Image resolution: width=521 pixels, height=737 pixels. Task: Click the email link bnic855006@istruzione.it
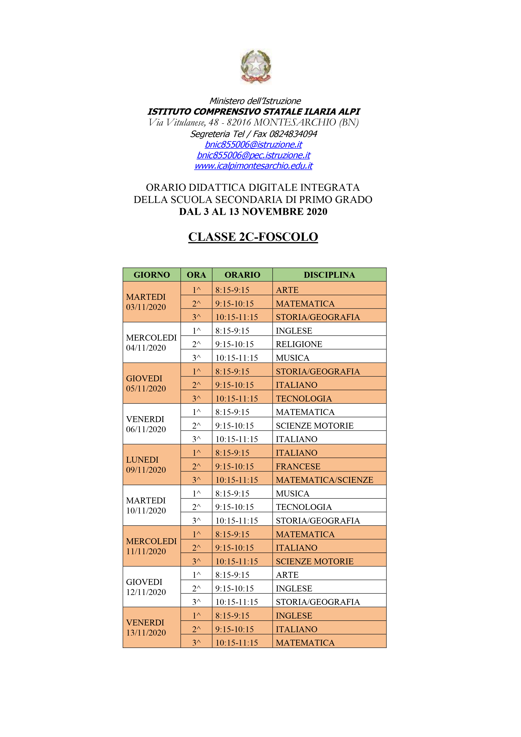coord(253,145)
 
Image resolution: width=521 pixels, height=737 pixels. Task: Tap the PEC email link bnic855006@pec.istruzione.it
coord(253,155)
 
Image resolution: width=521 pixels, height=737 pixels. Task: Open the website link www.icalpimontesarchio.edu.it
coord(253,166)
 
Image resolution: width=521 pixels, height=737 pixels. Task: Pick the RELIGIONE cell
coord(299,344)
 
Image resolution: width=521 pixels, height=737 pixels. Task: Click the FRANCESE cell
coord(298,466)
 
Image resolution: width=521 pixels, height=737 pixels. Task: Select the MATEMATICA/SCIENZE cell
coord(324,480)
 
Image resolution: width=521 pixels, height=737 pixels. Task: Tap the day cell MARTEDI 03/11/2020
coord(146,302)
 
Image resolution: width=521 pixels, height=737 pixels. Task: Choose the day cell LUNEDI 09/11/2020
coord(146,465)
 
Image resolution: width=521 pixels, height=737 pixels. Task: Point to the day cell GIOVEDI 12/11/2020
coord(146,587)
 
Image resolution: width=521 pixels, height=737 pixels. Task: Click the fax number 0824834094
coord(293,134)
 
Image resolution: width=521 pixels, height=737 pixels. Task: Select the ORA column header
coord(196,275)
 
